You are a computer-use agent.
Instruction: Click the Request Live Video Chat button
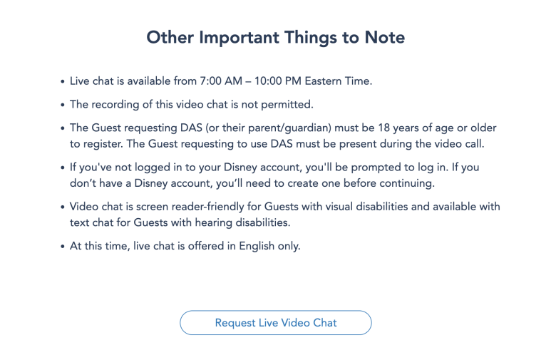[276, 323]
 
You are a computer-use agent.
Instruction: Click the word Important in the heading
[239, 37]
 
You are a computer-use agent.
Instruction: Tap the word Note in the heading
[385, 37]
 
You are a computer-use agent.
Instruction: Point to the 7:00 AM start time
[221, 81]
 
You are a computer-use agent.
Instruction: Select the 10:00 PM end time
[278, 81]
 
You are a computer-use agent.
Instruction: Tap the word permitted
[287, 105]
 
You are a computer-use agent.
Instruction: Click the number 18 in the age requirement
[384, 128]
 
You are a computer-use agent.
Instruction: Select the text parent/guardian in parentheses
[289, 128]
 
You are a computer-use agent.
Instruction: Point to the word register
[102, 144]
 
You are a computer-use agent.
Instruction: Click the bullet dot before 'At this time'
[63, 247]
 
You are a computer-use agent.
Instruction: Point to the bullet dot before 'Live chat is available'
[63, 81]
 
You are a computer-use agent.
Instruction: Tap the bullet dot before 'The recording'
[63, 105]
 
